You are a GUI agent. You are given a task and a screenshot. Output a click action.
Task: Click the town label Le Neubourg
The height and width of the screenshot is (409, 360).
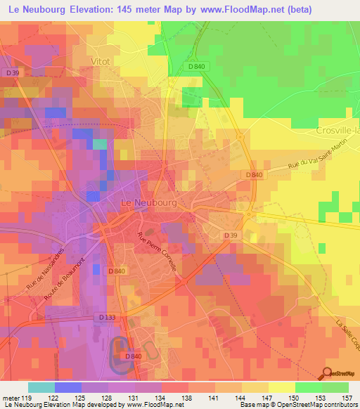click(148, 202)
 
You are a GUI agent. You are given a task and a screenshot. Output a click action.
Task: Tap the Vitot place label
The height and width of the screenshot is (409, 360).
click(101, 62)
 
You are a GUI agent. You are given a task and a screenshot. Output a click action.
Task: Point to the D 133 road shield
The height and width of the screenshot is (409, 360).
click(107, 318)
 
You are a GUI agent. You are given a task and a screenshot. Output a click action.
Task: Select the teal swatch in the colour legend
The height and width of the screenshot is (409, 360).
click(41, 387)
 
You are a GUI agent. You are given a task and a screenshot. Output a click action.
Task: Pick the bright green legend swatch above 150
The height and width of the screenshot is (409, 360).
click(309, 387)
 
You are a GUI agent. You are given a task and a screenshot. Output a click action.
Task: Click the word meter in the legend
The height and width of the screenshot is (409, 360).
click(10, 397)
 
